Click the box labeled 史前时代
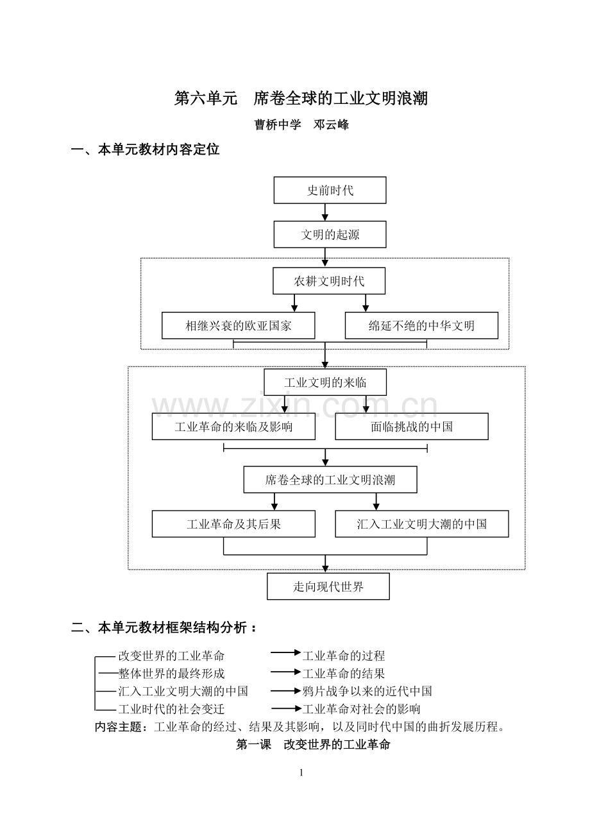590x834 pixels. click(x=330, y=191)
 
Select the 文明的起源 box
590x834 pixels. click(x=330, y=235)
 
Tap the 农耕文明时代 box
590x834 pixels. click(x=329, y=281)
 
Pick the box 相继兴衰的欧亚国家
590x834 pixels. click(x=238, y=326)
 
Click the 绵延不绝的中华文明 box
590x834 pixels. click(x=421, y=326)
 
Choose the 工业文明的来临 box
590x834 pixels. click(x=325, y=382)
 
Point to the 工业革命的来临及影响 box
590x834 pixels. click(x=233, y=427)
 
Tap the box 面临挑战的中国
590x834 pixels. click(x=411, y=427)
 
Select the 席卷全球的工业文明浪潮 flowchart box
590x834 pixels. click(x=330, y=480)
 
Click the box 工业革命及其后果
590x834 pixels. click(x=233, y=524)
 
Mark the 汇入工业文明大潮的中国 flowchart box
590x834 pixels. click(x=421, y=524)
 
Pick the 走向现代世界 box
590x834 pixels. click(x=328, y=586)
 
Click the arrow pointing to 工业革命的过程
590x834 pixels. click(x=285, y=652)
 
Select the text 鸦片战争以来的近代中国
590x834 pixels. click(x=367, y=692)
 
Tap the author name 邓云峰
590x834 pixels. click(x=331, y=125)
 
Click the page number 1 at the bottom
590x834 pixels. click(x=301, y=773)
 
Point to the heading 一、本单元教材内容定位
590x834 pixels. click(x=145, y=149)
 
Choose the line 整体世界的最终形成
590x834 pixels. click(x=171, y=674)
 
